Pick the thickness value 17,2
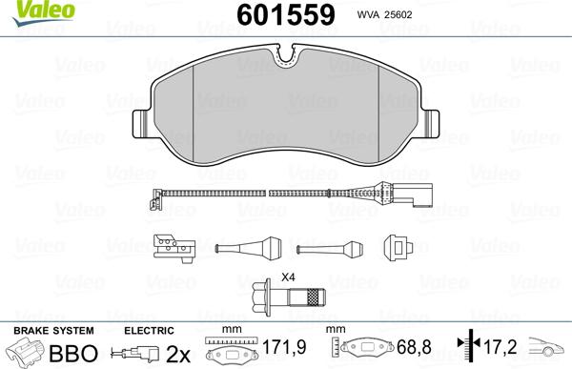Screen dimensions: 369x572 tap(502, 350)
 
